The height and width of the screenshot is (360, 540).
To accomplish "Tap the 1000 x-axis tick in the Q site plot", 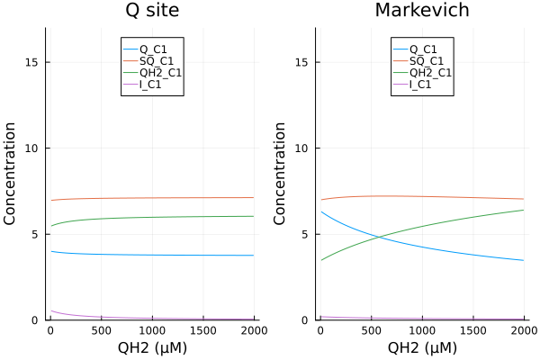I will click(x=152, y=330).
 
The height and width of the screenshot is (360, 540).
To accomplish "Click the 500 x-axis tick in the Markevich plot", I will click(x=371, y=330).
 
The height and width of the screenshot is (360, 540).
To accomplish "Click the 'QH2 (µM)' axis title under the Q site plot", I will click(x=151, y=347).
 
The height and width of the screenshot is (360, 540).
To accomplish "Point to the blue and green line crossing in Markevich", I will click(x=378, y=238).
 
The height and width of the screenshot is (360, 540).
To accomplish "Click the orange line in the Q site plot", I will click(x=151, y=198).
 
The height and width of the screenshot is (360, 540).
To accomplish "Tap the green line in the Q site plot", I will click(x=151, y=217).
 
